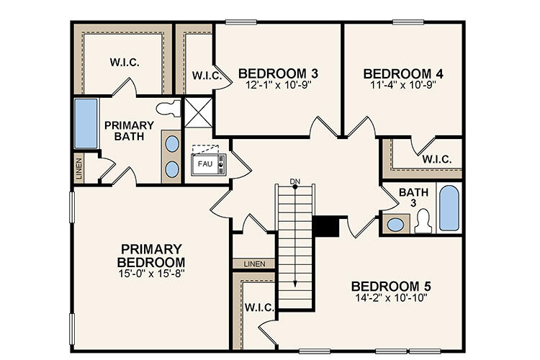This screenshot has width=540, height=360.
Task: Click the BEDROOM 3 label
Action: [279, 73]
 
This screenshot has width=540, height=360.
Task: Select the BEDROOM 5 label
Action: [391, 286]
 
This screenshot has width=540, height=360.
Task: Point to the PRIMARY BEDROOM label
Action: [152, 255]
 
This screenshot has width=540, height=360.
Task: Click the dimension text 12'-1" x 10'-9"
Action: [279, 85]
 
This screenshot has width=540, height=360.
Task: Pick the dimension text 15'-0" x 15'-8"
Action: [152, 274]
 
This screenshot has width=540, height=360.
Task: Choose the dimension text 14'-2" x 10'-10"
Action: [391, 297]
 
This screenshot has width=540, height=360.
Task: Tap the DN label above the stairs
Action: [294, 180]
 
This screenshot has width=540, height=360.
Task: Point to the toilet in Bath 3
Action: [423, 220]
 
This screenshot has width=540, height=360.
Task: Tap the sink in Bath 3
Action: [395, 224]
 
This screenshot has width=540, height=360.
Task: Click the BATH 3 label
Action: [413, 197]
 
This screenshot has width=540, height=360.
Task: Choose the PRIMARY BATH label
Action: [129, 130]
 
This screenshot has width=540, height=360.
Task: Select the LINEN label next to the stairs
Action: [255, 264]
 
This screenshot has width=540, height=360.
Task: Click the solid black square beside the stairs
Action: [326, 226]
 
